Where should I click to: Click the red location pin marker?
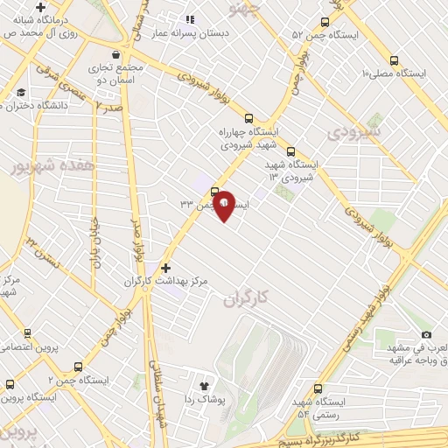[x=224, y=205]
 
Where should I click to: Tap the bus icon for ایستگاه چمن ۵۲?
[x=325, y=23]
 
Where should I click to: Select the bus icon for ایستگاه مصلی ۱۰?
[x=394, y=61]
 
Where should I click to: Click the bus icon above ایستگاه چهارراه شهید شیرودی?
[x=249, y=118]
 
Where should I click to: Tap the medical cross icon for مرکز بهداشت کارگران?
[x=166, y=268]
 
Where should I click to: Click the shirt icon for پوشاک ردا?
[x=205, y=384]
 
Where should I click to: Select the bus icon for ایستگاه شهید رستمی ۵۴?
[x=317, y=388]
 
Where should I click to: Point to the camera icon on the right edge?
[x=426, y=334]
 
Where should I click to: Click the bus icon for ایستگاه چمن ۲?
[x=79, y=367]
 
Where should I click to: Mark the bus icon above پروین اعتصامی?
[x=27, y=333]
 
